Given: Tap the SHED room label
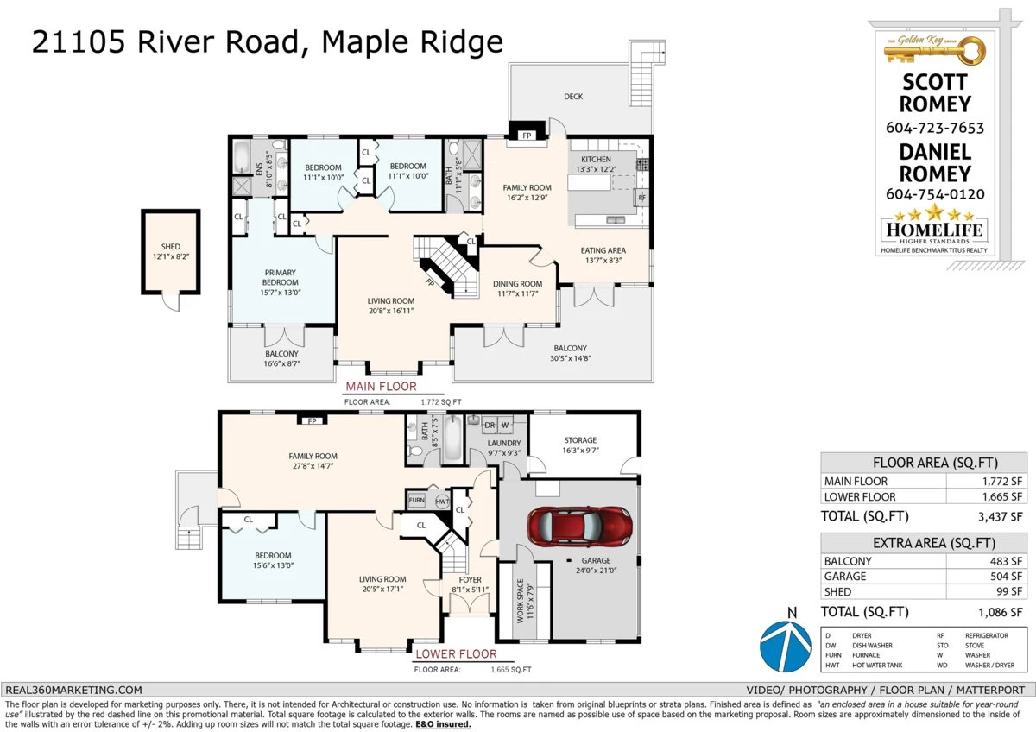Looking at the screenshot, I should tap(171, 247).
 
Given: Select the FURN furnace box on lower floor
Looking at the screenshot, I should tap(416, 501).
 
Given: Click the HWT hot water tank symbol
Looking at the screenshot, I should tap(442, 502).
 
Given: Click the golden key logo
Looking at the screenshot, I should tap(934, 50).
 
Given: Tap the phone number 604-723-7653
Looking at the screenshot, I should tap(935, 128).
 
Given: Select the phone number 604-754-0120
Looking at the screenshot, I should tap(935, 194).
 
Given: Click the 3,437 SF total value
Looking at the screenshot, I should tap(1001, 517).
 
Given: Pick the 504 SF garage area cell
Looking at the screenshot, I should tap(1008, 577).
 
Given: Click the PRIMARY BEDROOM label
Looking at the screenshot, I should tap(281, 277).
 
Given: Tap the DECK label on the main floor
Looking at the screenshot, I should tap(573, 97).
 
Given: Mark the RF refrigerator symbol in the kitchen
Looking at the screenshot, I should tap(641, 198).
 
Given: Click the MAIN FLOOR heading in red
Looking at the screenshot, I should tap(381, 387).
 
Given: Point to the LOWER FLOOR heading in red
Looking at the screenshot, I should tap(456, 654).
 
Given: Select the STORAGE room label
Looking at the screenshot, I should tap(580, 440).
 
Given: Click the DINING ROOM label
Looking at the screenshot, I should tap(517, 284).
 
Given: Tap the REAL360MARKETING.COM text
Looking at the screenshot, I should tap(73, 690).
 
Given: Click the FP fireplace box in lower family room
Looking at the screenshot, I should tap(312, 421).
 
